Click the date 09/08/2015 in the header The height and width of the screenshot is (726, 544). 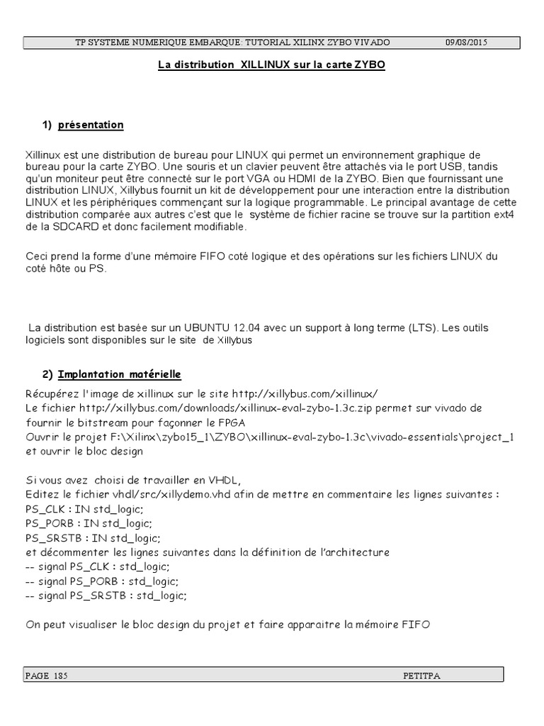466,43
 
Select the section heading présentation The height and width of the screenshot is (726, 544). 91,125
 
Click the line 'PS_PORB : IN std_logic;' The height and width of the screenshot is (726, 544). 89,523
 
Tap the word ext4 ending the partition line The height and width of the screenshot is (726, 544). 505,216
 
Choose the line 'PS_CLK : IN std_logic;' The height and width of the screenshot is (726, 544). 84,509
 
